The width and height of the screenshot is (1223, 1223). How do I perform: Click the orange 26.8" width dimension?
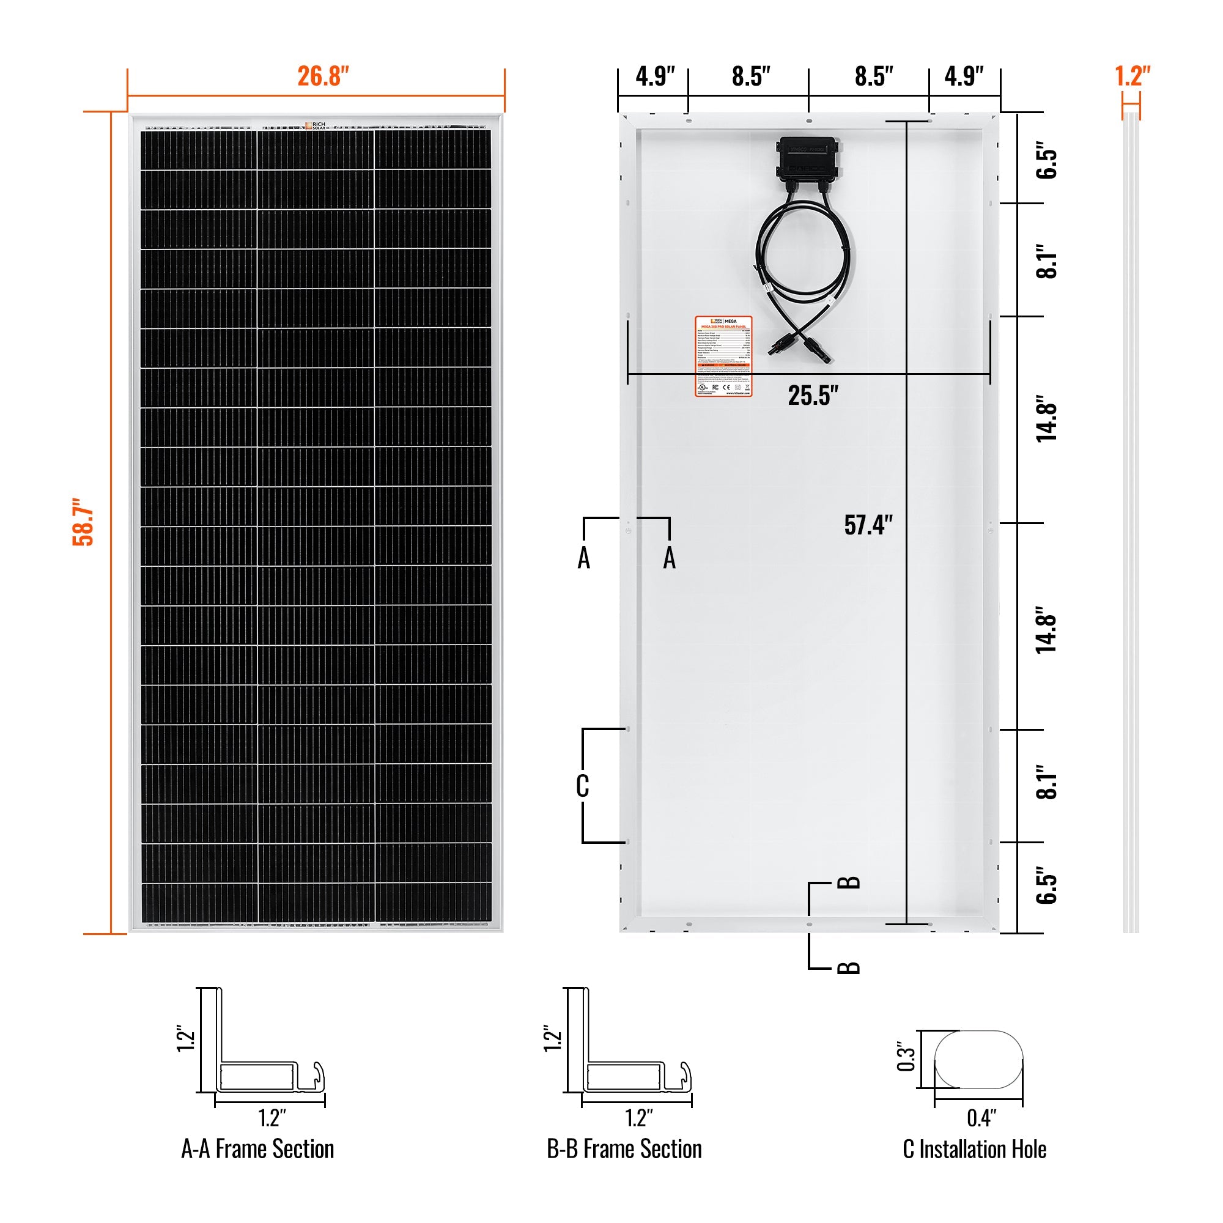tap(323, 76)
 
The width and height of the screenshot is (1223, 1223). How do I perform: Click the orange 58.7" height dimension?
tap(83, 525)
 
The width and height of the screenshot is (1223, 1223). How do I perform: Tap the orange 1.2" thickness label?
tap(1132, 76)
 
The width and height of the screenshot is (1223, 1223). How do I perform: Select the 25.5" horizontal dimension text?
tap(813, 396)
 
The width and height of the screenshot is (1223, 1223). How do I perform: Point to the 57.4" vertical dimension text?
tap(868, 525)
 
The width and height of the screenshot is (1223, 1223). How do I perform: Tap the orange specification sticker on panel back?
tap(723, 357)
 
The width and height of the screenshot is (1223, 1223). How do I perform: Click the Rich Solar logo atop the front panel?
tap(314, 125)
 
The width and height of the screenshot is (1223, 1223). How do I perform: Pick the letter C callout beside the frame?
tap(582, 786)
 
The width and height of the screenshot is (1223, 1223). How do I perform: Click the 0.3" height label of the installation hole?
tap(906, 1058)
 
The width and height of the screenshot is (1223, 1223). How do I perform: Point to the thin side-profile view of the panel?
tap(1131, 525)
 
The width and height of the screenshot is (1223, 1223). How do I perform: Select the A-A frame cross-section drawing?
tap(266, 1044)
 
